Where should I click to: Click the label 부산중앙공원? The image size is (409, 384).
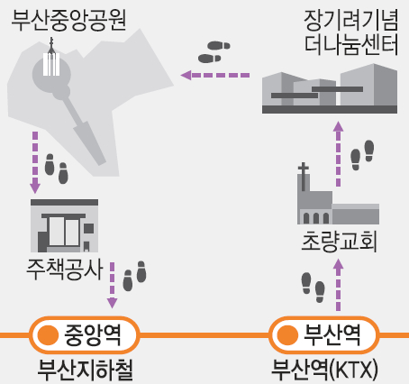[x=68, y=20]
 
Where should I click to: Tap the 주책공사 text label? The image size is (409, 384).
[x=65, y=269]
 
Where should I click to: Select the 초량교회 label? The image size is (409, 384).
[x=339, y=242]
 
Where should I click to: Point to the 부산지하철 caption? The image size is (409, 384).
[x=85, y=370]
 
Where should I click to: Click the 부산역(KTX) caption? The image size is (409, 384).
[x=324, y=370]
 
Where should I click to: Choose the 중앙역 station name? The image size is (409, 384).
[x=93, y=334]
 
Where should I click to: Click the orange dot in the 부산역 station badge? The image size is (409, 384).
[x=287, y=335]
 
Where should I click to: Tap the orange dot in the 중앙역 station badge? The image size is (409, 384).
[x=48, y=335]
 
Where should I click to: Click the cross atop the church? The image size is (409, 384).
[x=304, y=177]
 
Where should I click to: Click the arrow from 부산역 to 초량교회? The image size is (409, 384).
[x=339, y=285]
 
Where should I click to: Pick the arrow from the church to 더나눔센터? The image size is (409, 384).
[x=339, y=154]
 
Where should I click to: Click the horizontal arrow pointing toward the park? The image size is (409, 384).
[x=215, y=75]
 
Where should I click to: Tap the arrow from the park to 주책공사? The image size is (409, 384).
[x=35, y=162]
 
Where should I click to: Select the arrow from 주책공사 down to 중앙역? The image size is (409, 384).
[x=112, y=285]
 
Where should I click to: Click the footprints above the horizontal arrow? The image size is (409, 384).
[x=214, y=52]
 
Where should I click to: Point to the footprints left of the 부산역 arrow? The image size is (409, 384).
[x=313, y=288]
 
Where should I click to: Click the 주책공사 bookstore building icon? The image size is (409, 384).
[x=64, y=225]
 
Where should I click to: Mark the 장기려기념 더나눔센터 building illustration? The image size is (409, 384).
[x=330, y=88]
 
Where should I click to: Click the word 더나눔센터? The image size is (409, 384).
[x=351, y=44]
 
